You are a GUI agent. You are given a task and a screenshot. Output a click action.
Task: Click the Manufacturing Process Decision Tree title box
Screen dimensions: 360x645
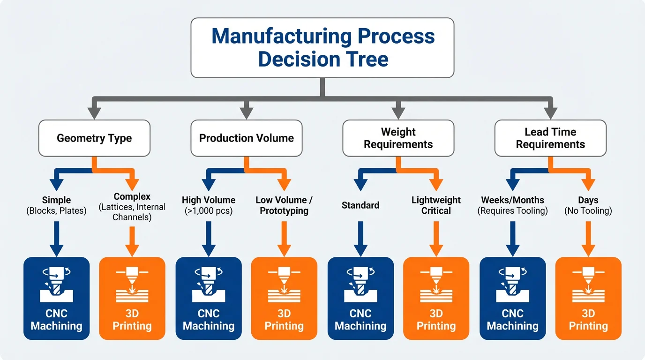click(322, 47)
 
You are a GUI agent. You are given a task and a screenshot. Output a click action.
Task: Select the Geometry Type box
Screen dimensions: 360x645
click(94, 138)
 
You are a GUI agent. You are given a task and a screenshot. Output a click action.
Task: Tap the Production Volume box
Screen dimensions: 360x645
click(246, 138)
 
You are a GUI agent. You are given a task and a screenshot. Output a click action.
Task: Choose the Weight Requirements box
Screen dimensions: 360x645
click(398, 138)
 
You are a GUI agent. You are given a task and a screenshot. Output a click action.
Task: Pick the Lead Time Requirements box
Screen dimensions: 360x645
click(550, 138)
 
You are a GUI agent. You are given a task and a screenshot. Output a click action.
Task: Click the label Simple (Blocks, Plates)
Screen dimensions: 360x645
click(56, 205)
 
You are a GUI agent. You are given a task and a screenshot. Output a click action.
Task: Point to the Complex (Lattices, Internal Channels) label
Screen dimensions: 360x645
click(132, 207)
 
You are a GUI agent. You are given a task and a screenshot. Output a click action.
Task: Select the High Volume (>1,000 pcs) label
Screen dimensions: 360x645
click(209, 205)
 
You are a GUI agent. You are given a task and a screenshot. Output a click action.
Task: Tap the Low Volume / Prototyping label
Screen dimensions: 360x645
click(284, 205)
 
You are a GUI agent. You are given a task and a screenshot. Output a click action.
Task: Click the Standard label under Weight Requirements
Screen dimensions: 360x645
click(360, 205)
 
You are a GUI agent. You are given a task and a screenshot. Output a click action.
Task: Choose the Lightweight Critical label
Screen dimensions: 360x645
click(436, 205)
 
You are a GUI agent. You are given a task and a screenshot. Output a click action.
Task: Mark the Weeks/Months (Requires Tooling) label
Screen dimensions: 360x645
click(512, 205)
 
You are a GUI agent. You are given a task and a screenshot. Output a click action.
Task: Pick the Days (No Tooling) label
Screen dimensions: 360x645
click(588, 205)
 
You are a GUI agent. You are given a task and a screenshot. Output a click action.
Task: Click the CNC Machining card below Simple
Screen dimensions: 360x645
click(56, 298)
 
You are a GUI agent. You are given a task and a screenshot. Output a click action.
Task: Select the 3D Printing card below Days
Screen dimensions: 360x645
click(588, 298)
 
